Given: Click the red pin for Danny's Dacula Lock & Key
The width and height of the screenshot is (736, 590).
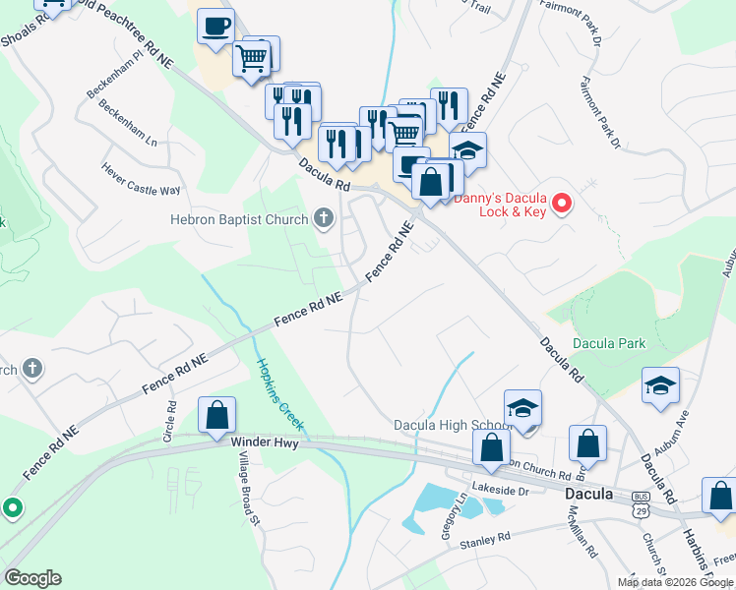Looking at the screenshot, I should (562, 204).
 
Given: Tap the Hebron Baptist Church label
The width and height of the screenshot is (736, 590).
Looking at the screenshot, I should (239, 220).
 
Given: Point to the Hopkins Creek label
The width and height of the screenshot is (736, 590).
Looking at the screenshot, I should (281, 395).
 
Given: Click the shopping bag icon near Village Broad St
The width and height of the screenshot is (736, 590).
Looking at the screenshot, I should (216, 417).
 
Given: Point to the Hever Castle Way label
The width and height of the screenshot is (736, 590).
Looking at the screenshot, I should (142, 178).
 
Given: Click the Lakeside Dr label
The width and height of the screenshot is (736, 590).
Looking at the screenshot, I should (501, 490).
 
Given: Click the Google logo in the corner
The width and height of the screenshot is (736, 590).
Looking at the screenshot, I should (32, 578).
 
